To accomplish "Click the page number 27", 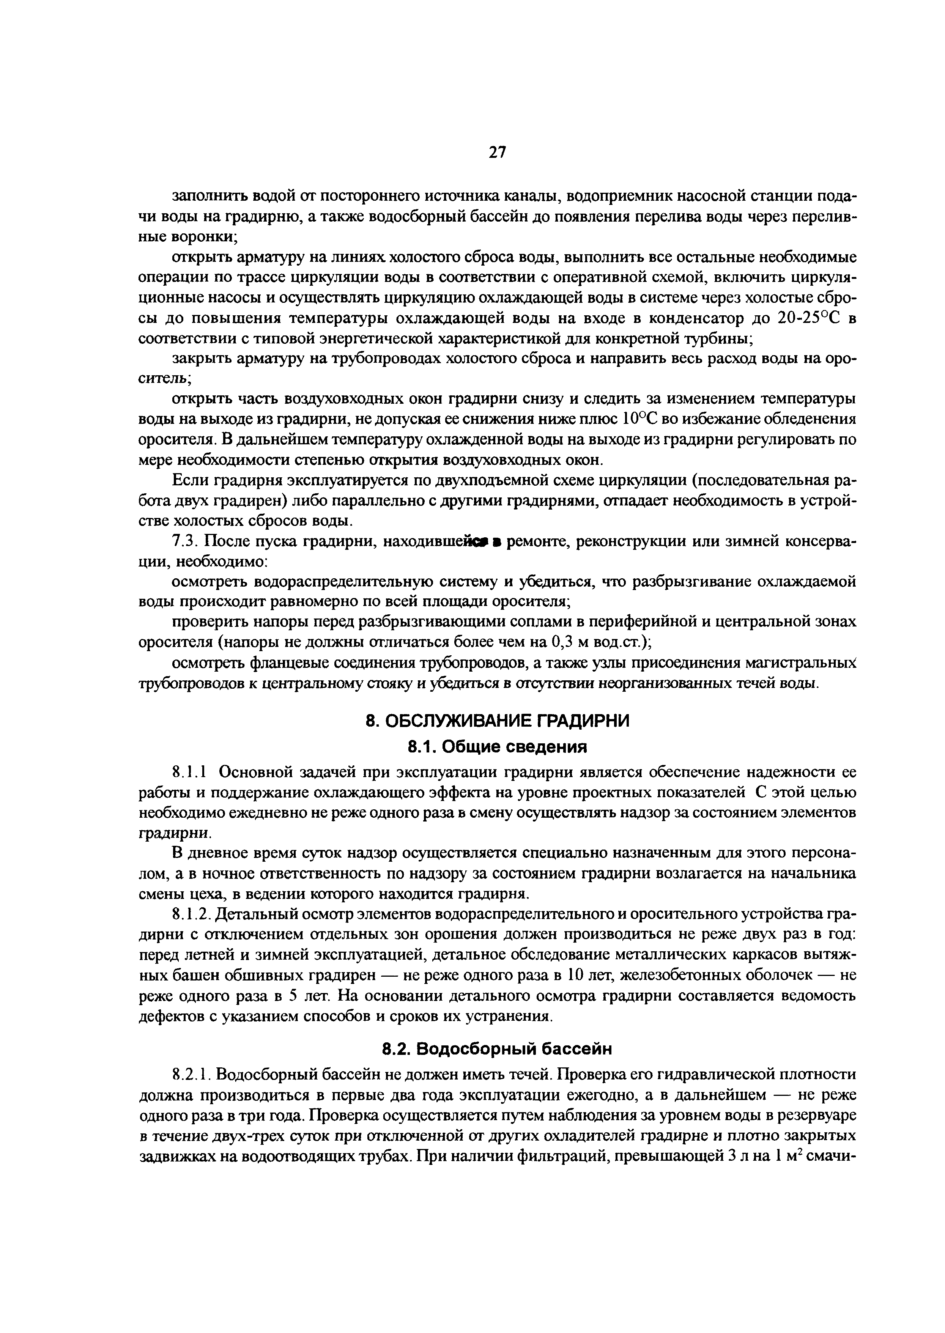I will coord(498,153).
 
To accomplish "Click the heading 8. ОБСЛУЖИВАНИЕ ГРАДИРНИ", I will coord(498,721).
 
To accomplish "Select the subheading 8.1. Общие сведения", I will coord(498,746).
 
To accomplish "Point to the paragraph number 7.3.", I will coord(186,542).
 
